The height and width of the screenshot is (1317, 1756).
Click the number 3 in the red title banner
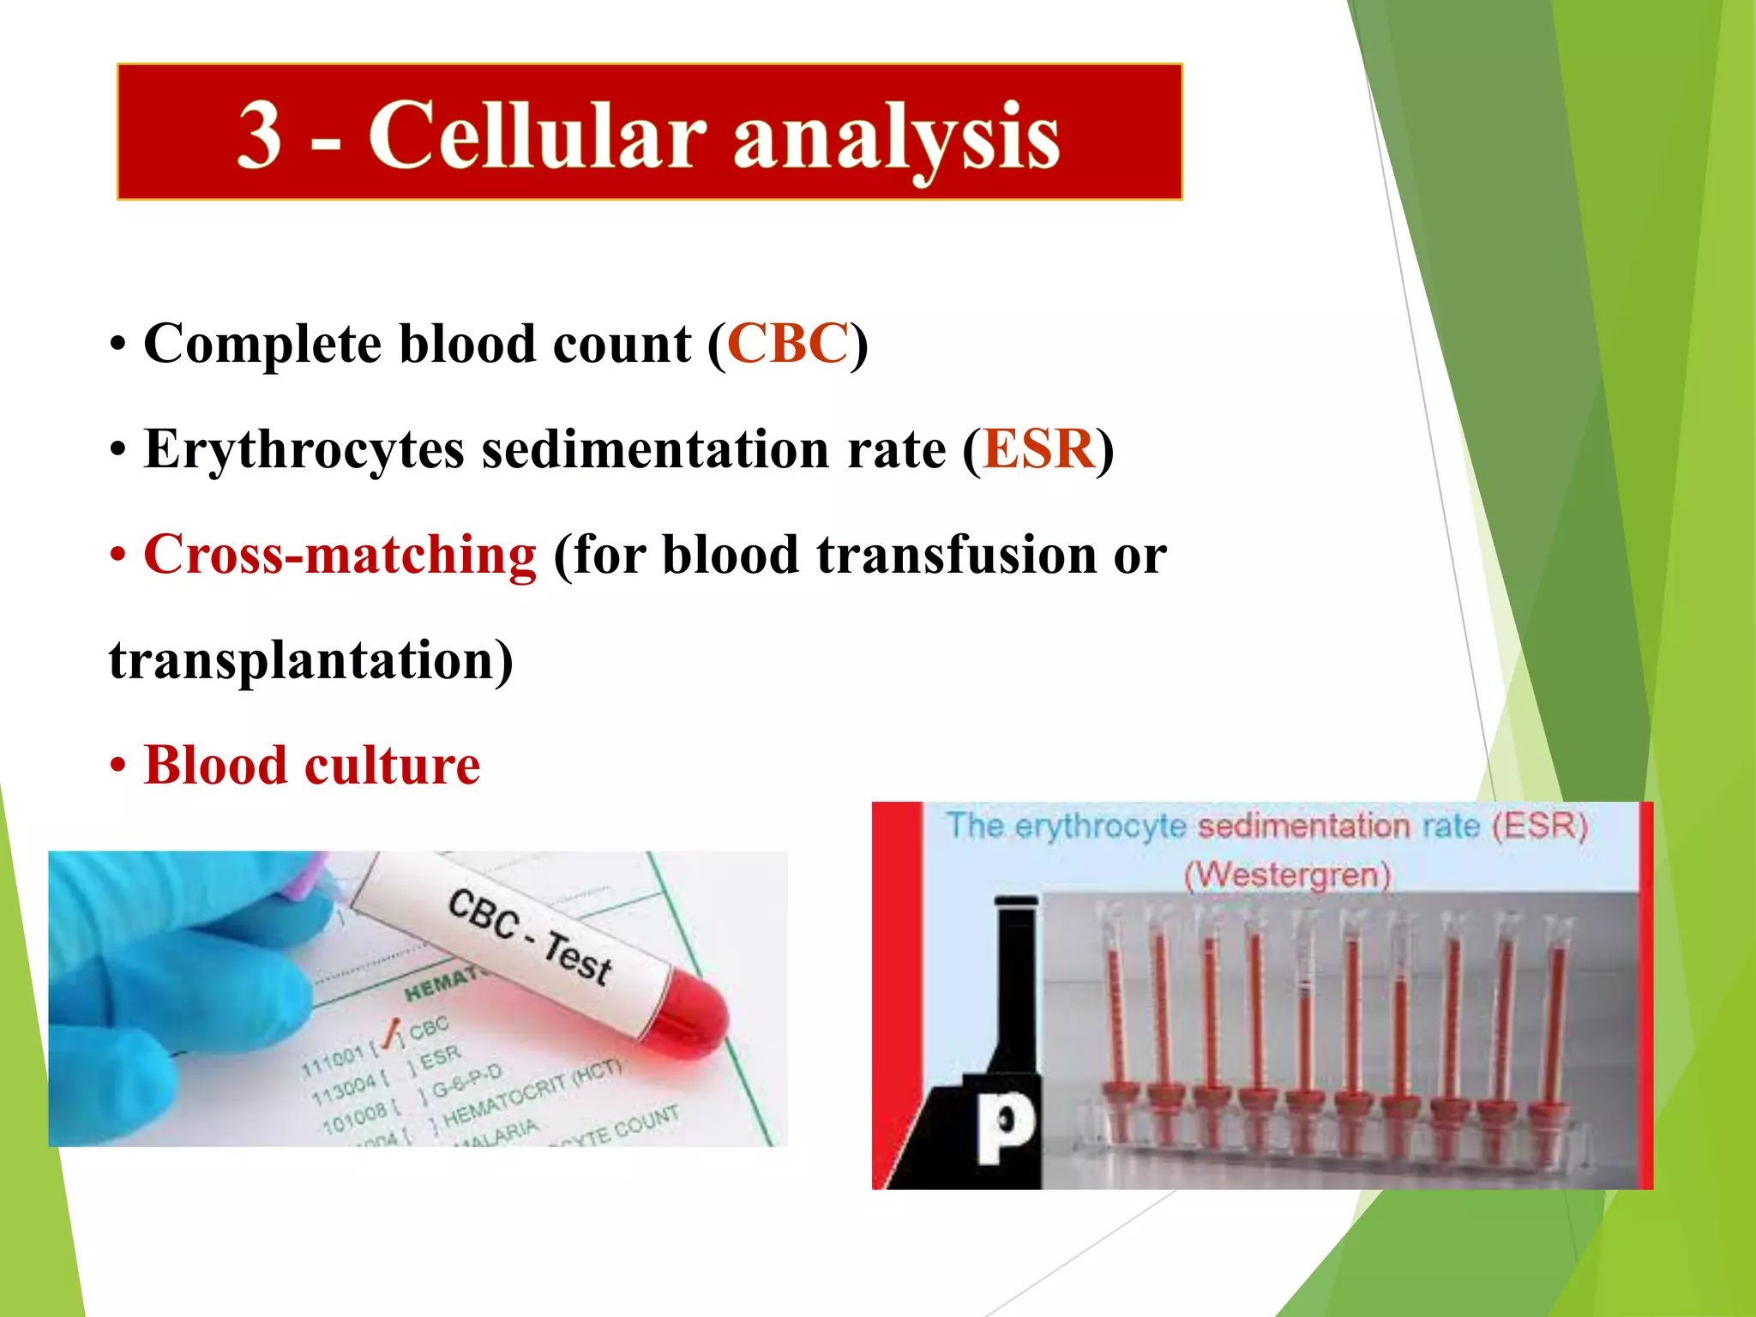coord(260,135)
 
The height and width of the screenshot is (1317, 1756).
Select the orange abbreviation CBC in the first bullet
coord(788,344)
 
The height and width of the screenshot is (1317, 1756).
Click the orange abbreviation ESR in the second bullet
coord(1038,448)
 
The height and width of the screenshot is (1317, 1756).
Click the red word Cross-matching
coord(340,555)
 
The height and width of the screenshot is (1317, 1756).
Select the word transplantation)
coord(311,660)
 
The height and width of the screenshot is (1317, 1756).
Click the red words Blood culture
coord(311,765)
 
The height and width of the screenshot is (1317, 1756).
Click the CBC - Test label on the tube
coord(529,937)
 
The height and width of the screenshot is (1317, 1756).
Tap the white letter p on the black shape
coord(1005,1125)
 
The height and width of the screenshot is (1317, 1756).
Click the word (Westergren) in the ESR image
coord(1287,875)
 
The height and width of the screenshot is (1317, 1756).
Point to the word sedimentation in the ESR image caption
coord(1303,826)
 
